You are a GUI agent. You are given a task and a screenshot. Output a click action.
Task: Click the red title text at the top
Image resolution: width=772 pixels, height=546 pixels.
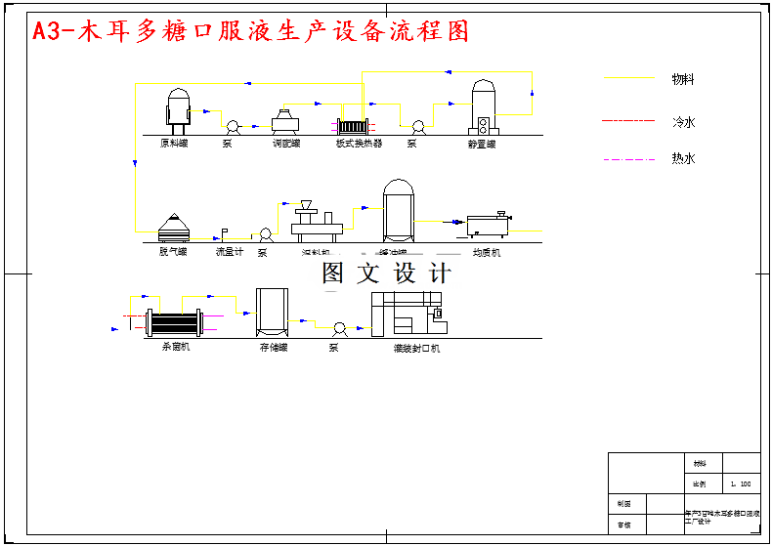[x=251, y=31]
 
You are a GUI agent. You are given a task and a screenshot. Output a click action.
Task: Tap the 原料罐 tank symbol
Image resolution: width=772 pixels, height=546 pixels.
[x=178, y=107]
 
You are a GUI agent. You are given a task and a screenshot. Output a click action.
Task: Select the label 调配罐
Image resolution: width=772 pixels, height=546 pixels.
[x=285, y=144]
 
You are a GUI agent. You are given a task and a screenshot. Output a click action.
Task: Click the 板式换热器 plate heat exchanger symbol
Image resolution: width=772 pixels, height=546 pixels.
[x=351, y=127]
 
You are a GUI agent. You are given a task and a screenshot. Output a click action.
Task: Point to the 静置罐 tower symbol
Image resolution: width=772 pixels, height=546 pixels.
[x=484, y=106]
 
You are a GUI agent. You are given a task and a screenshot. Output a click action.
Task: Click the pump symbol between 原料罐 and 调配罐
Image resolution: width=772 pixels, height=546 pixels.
[x=233, y=127]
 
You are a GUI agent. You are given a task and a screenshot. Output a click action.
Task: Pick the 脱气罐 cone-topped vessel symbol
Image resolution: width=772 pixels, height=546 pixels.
[x=173, y=228]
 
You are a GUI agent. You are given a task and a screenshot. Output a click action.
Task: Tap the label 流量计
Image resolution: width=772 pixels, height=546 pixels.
[x=229, y=252]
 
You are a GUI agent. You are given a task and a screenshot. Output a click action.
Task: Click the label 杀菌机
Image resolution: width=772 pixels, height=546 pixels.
[x=175, y=347]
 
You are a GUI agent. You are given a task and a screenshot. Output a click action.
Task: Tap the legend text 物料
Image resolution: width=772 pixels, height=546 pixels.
[x=682, y=79]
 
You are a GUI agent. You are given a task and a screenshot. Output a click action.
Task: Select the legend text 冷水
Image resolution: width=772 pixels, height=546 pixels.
[x=683, y=123]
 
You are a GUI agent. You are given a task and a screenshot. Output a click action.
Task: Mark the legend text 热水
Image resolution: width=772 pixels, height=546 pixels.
[x=683, y=158]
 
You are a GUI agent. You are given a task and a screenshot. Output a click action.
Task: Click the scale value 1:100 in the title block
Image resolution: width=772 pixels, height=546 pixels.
[x=741, y=483]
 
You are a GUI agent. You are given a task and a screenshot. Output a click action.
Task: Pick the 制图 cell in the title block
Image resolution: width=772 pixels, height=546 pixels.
[x=624, y=504]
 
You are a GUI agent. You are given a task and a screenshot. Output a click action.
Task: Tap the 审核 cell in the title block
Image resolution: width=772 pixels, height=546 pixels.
[x=624, y=525]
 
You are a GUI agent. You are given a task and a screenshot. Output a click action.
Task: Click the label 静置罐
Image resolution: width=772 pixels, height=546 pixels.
[x=482, y=144]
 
